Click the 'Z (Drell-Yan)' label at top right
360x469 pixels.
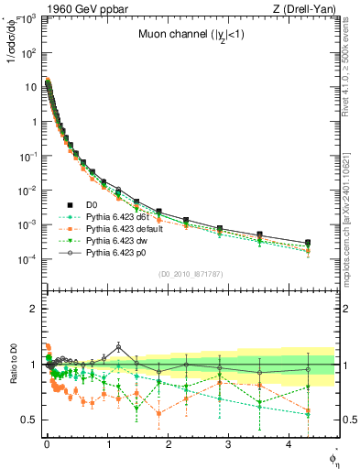tap(305, 9)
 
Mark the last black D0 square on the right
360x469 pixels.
tap(307, 243)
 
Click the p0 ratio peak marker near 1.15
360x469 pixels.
tap(118, 347)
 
